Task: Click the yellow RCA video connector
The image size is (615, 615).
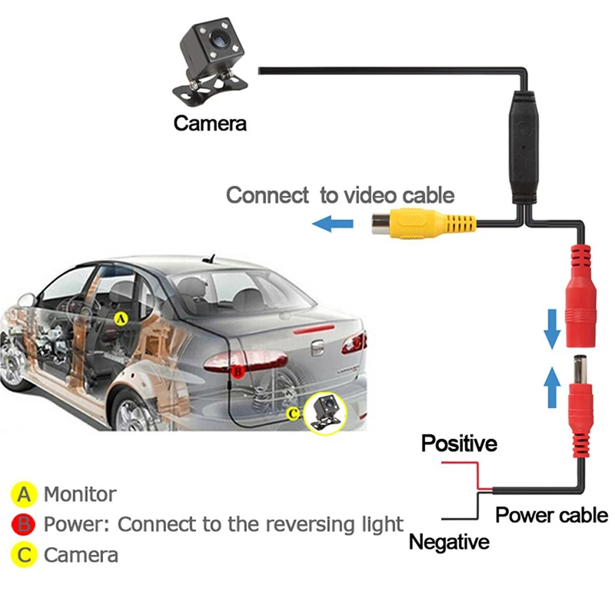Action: (x=424, y=224)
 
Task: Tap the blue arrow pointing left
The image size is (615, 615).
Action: (x=333, y=224)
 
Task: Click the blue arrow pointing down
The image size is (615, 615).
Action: (x=552, y=329)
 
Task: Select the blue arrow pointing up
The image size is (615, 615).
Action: (x=552, y=387)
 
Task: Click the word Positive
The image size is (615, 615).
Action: (x=459, y=444)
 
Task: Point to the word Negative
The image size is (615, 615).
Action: (x=449, y=542)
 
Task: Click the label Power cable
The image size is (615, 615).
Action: (x=551, y=514)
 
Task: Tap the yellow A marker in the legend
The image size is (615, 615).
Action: (x=24, y=494)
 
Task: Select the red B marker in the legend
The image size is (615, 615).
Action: (x=24, y=525)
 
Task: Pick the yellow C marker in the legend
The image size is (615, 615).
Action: (x=24, y=555)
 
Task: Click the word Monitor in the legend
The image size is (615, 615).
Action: (x=80, y=494)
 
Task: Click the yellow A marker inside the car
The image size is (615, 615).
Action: (x=121, y=318)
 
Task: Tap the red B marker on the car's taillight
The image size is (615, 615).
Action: (x=238, y=371)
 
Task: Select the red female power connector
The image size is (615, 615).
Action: (x=580, y=296)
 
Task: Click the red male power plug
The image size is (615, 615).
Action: (x=580, y=406)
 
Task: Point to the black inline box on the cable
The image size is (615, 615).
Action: (x=524, y=148)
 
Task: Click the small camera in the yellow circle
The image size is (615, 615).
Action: (x=325, y=413)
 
